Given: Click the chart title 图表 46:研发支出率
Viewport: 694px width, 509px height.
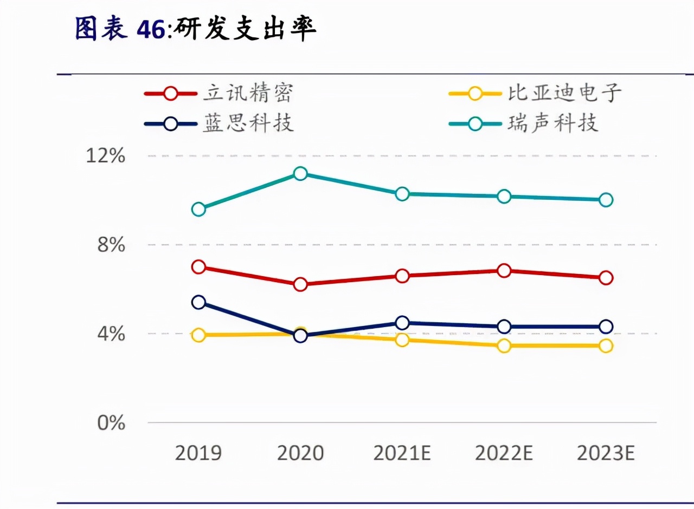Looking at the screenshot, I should click(195, 29).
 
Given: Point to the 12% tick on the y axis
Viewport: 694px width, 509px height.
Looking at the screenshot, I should click(105, 156).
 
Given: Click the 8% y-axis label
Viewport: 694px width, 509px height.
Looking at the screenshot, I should click(111, 245).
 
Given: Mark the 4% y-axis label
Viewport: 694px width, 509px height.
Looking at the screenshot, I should click(111, 334).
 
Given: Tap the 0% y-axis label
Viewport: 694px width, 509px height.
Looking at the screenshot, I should click(111, 423).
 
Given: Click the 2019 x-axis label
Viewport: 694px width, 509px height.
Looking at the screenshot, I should click(198, 453).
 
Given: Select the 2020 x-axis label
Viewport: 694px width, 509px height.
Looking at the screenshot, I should click(300, 453).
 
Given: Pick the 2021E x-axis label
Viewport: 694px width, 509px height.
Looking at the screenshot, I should click(402, 453).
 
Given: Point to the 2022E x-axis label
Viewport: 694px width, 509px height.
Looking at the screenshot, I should click(504, 453).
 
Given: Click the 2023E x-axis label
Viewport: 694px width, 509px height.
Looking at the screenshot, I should click(606, 453).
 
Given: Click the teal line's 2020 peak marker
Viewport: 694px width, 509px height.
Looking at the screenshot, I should click(300, 173).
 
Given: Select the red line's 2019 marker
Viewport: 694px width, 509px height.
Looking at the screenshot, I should click(198, 266).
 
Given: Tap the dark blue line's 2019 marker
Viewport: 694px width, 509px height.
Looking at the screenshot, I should click(198, 302).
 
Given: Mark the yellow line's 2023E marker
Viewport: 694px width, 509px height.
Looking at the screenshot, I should click(606, 345).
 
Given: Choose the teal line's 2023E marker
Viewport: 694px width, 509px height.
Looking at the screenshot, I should click(606, 200).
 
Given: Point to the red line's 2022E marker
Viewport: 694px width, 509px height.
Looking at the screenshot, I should click(504, 270).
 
